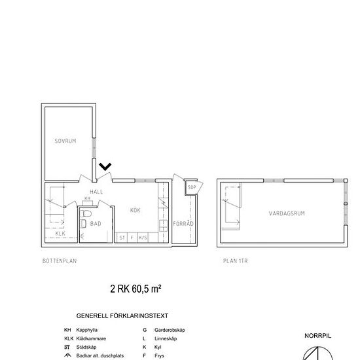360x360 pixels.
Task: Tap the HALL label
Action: coord(97,192)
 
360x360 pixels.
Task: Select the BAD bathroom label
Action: coord(96,223)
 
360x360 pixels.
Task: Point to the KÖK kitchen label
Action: coord(135,210)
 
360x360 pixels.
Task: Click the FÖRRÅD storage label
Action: coord(185,224)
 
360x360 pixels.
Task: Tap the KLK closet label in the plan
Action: coord(60,233)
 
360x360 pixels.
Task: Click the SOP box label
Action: coord(192,187)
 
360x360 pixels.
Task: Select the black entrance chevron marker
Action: coord(105,168)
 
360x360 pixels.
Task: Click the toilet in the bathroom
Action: coord(84,223)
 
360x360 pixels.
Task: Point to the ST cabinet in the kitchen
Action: coord(122,238)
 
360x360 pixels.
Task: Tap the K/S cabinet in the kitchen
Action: coord(143,238)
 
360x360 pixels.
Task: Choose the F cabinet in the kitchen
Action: coord(132,238)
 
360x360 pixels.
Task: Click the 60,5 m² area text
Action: coord(145,288)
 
